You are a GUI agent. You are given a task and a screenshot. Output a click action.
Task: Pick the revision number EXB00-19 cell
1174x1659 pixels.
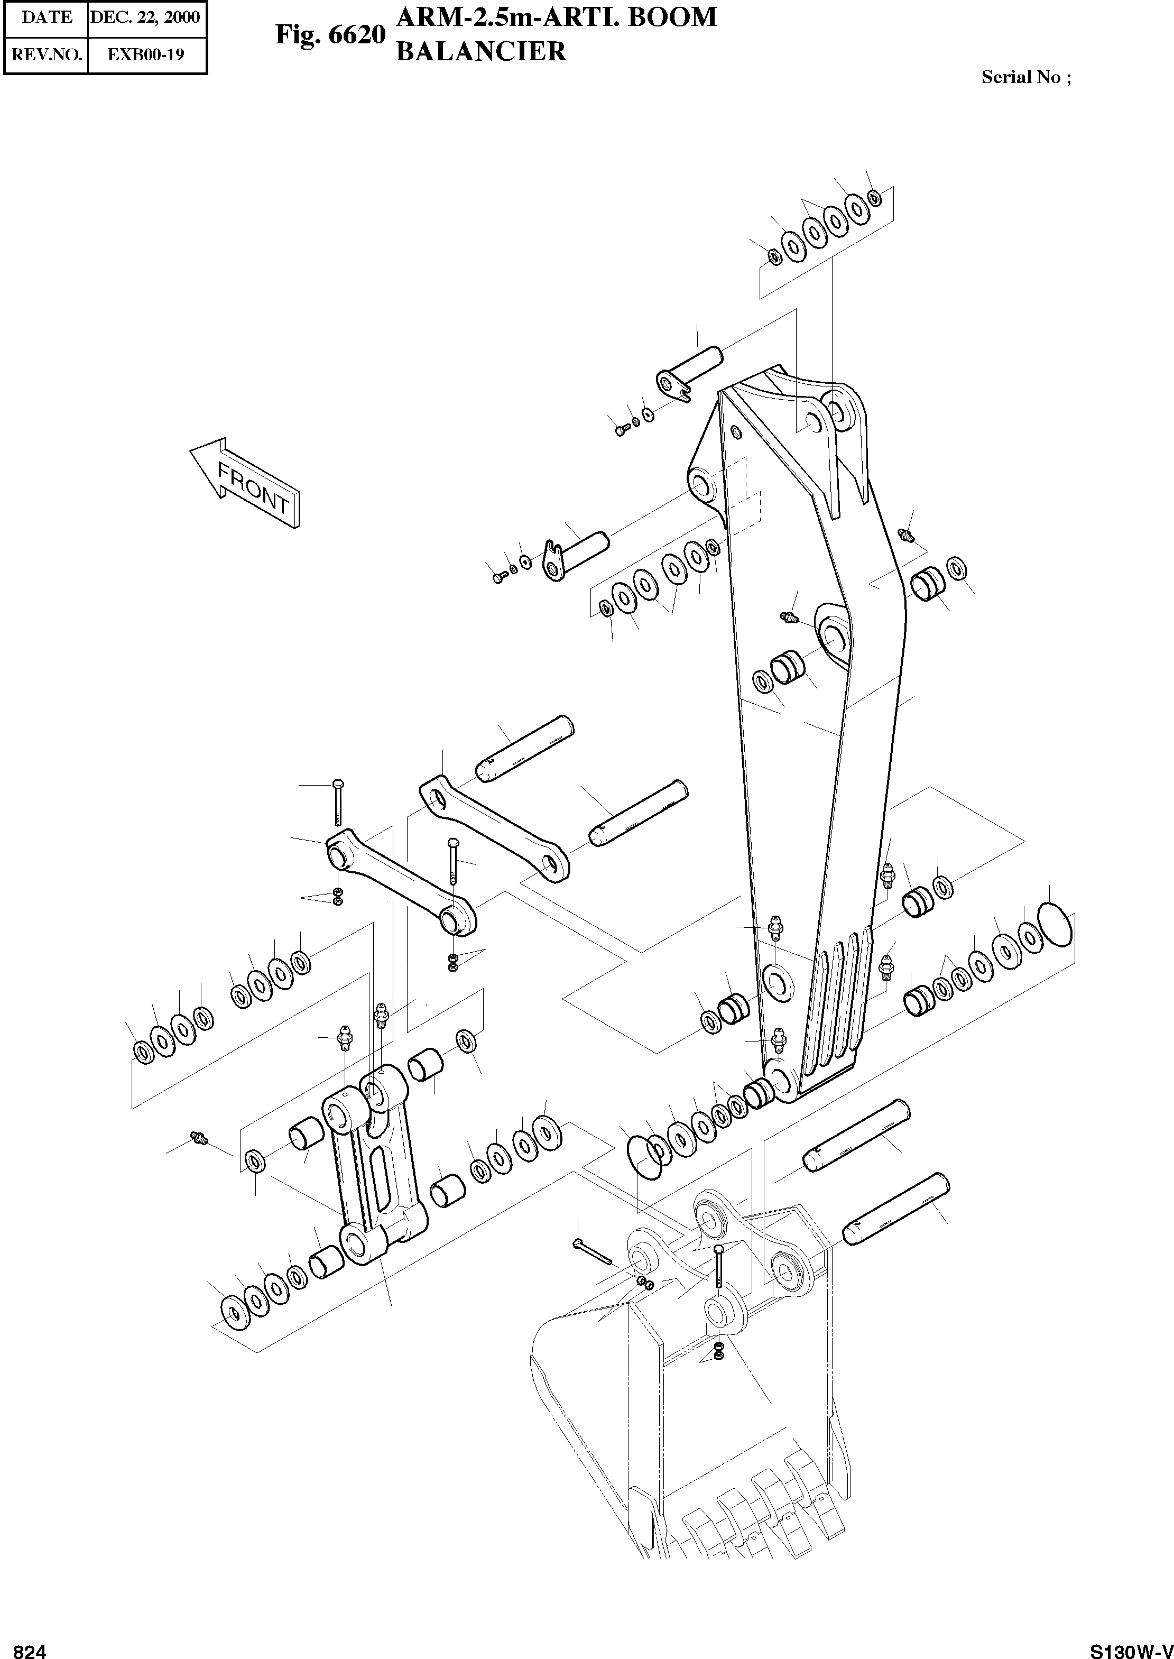(145, 54)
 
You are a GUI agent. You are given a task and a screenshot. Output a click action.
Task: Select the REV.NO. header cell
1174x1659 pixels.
(47, 54)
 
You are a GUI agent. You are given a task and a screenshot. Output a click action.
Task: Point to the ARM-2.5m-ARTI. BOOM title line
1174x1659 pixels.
(557, 16)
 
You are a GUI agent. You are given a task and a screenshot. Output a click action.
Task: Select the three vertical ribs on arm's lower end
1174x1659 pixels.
(838, 1001)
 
